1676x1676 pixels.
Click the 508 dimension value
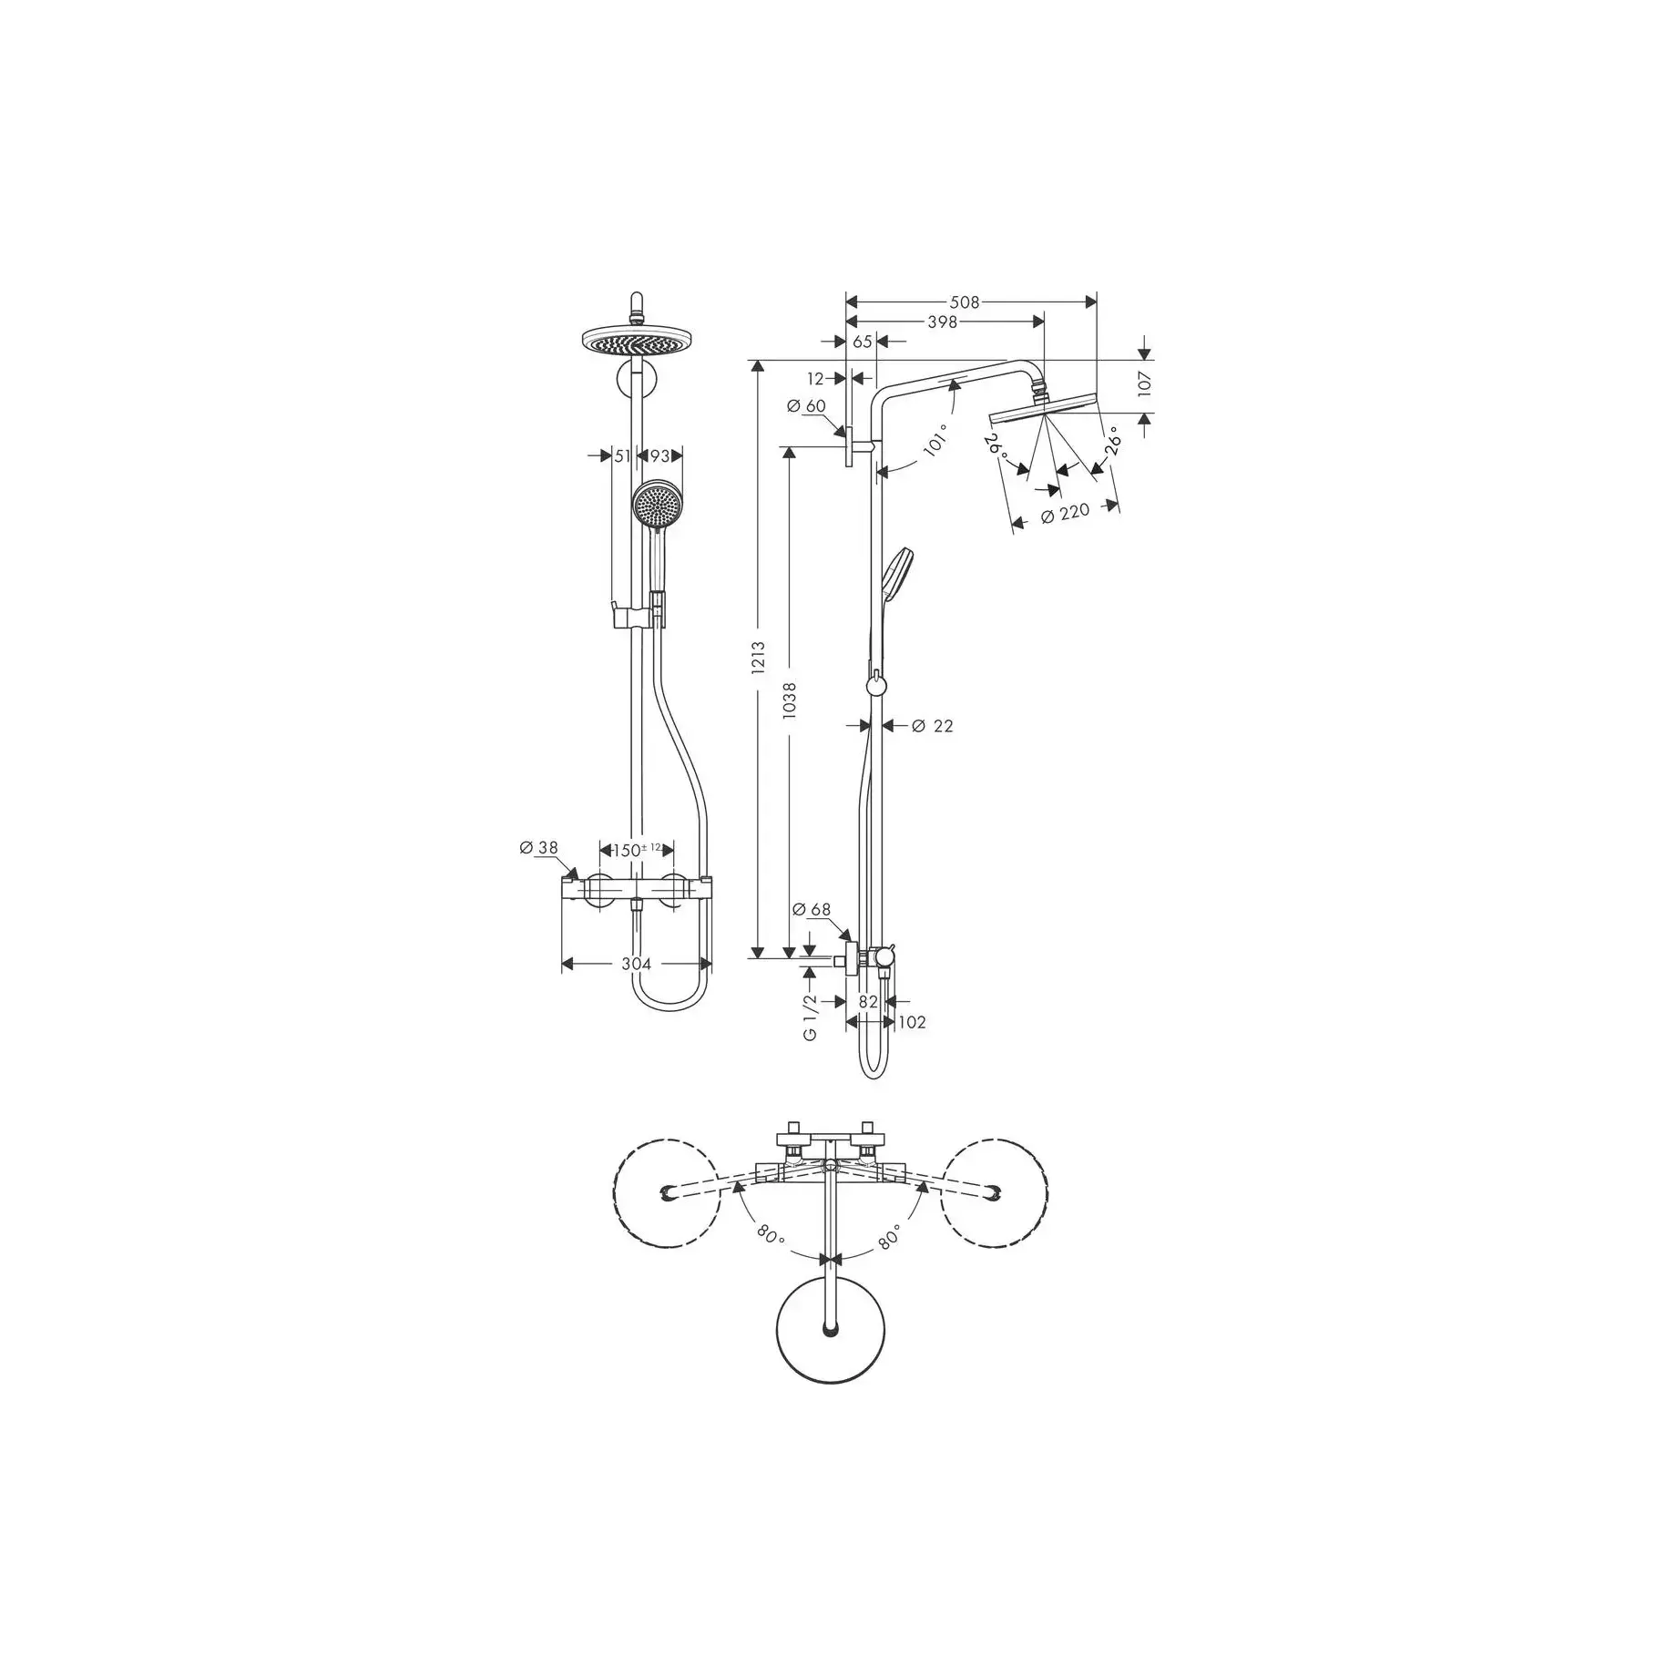[x=965, y=301]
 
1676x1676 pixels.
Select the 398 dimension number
[x=942, y=322]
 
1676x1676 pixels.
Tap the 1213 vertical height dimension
[x=758, y=659]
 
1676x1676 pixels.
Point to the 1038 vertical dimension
[x=789, y=701]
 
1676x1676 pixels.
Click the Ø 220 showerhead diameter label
[x=1065, y=515]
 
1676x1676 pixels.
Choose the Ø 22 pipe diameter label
[x=932, y=726]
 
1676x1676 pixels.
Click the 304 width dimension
[x=637, y=964]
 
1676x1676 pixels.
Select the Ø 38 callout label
[x=538, y=848]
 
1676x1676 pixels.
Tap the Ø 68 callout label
[x=812, y=909]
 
